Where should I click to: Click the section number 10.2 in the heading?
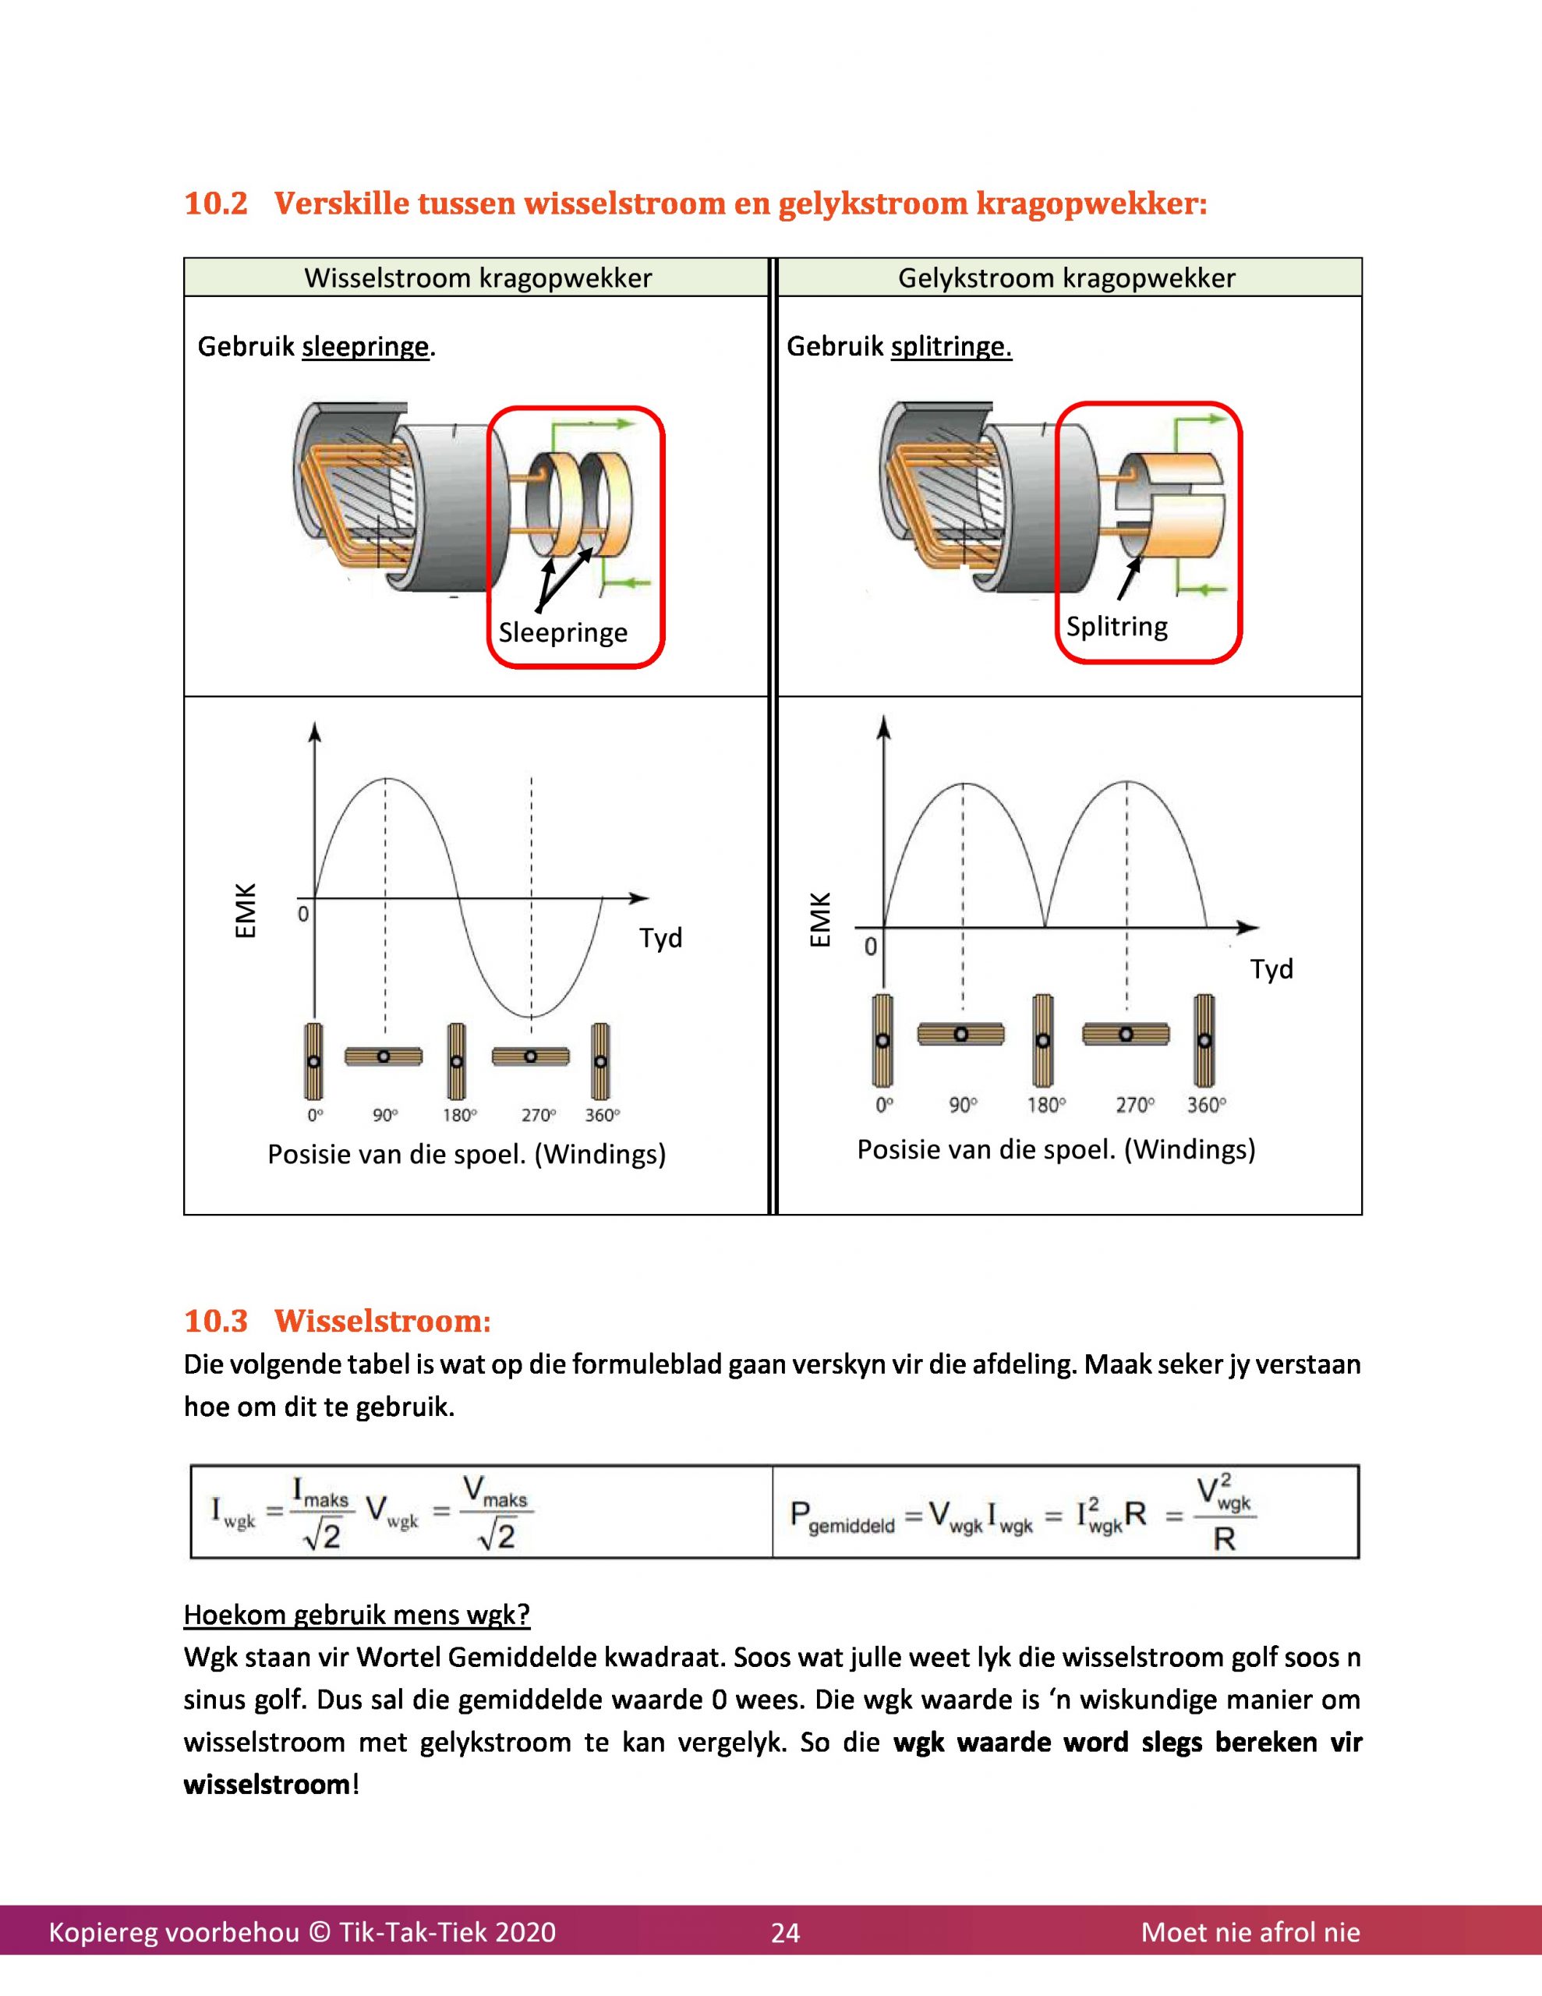(x=216, y=203)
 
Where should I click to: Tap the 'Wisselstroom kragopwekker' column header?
(x=477, y=278)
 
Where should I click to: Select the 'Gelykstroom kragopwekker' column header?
(x=1066, y=278)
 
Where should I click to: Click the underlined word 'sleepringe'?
(x=365, y=347)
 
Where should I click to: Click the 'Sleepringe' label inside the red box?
(x=563, y=632)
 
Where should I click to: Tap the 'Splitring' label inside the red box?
(x=1116, y=627)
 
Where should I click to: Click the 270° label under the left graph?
(x=539, y=1115)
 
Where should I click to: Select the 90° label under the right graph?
(x=963, y=1105)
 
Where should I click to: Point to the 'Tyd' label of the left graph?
(x=660, y=939)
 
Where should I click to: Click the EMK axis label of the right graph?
(x=821, y=919)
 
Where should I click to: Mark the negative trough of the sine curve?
(x=532, y=1015)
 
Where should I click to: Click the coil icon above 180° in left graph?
(x=456, y=1061)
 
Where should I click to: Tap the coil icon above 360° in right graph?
(x=1204, y=1040)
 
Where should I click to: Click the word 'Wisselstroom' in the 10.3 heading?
(x=382, y=1321)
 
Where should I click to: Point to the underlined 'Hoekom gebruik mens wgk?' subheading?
(x=356, y=1615)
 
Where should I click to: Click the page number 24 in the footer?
(x=785, y=1932)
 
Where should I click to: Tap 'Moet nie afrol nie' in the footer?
(x=1250, y=1932)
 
